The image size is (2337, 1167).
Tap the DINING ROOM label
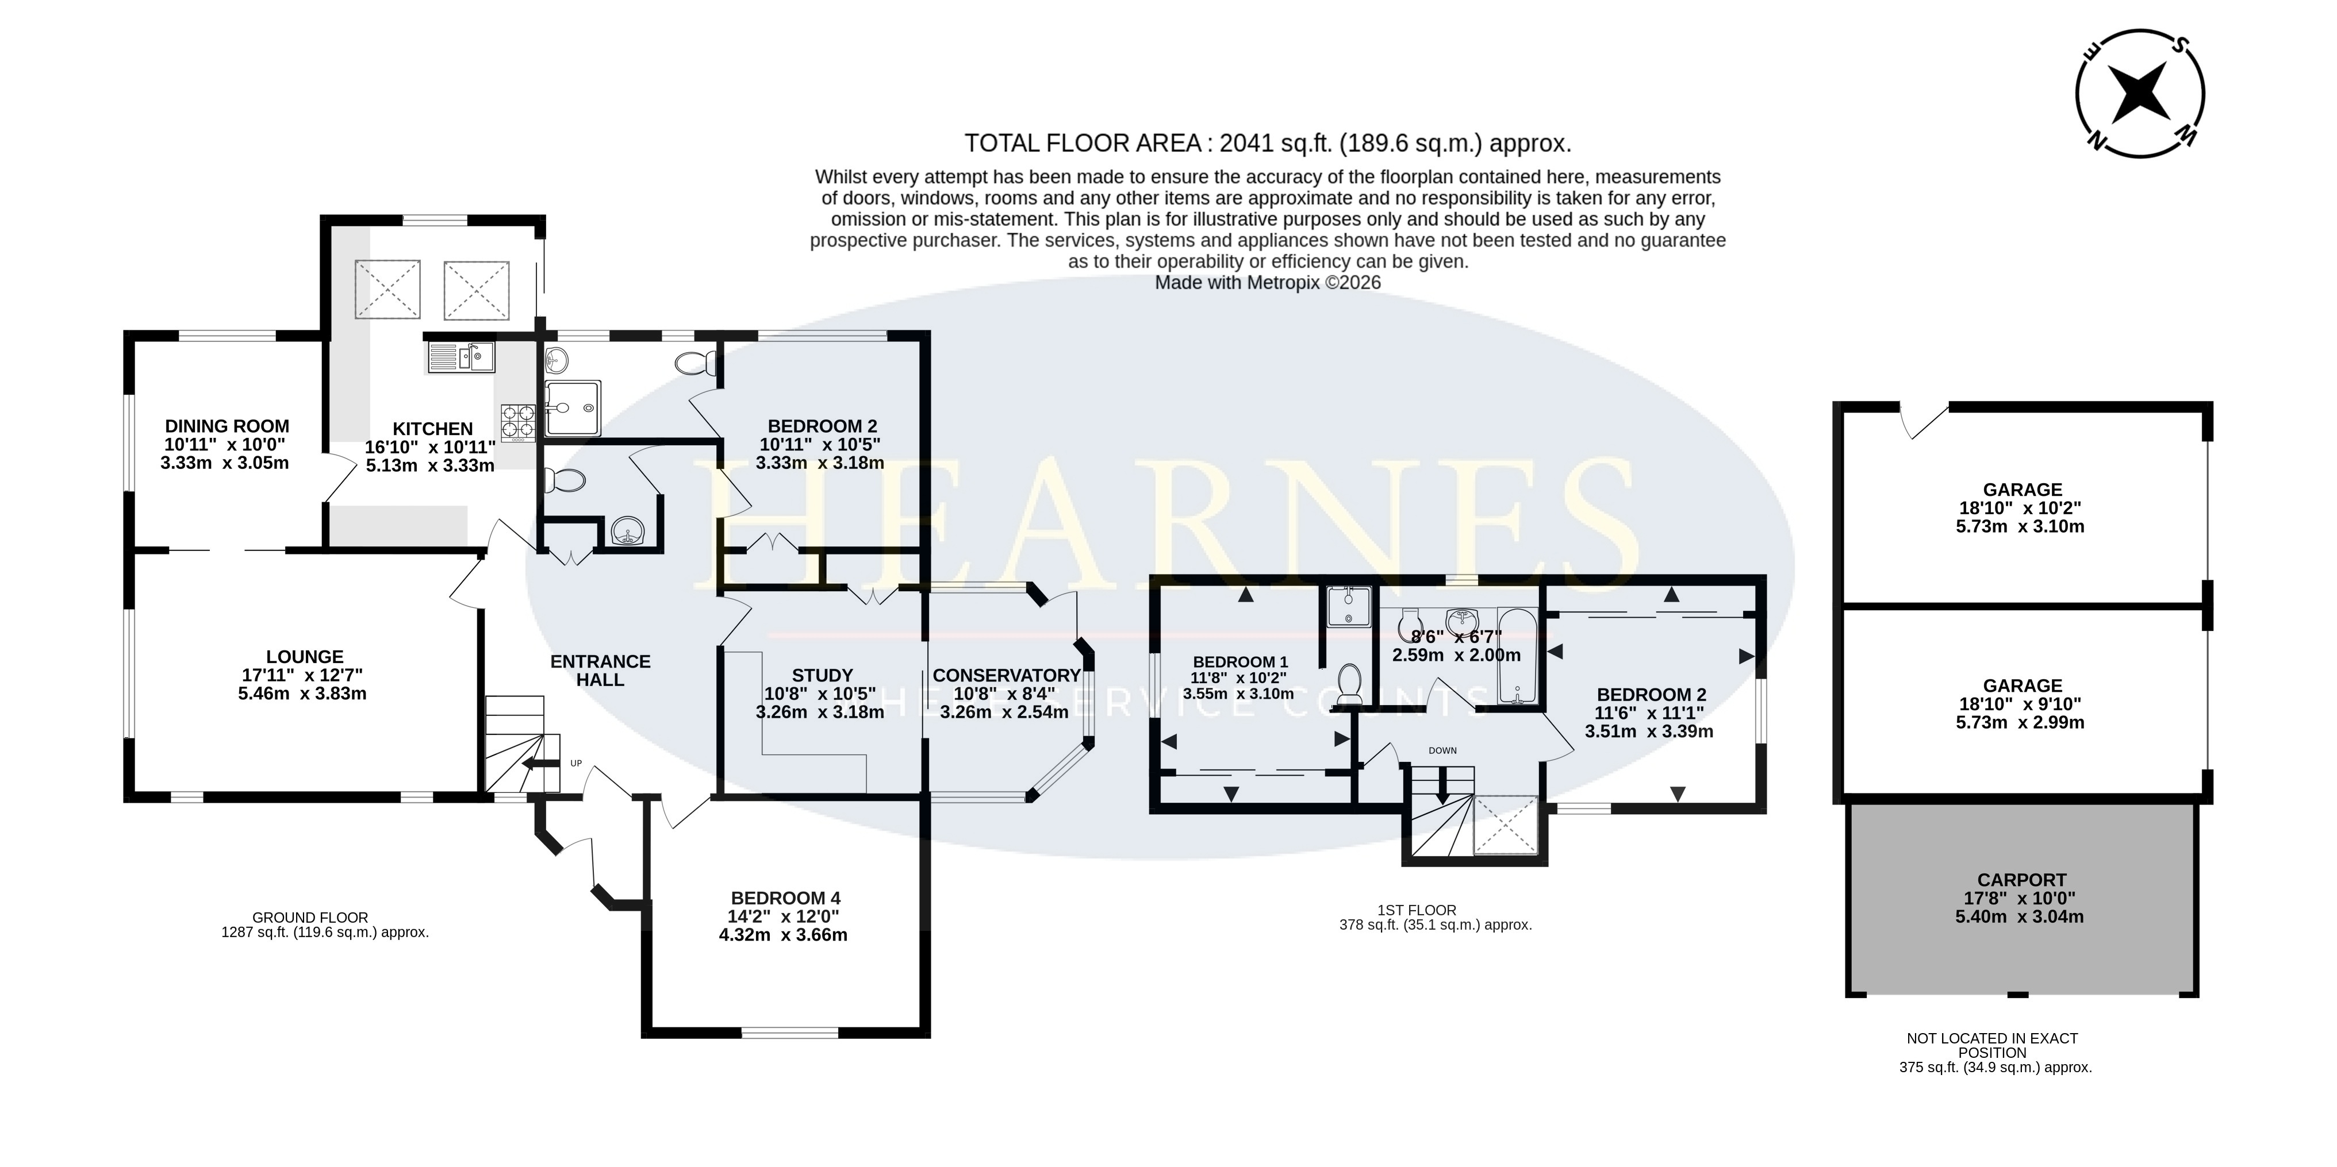(x=227, y=426)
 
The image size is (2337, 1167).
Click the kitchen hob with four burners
(x=517, y=422)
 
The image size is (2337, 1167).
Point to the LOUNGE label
(x=305, y=657)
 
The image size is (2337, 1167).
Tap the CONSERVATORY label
(x=1006, y=676)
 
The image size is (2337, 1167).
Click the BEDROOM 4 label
(x=786, y=899)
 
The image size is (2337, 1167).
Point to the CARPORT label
(x=2022, y=880)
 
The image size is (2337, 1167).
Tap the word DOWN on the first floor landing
(x=1442, y=751)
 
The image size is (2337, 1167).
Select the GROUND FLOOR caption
(x=310, y=918)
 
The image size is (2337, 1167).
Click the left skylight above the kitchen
(x=387, y=289)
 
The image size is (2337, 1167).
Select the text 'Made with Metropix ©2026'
(x=1268, y=283)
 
